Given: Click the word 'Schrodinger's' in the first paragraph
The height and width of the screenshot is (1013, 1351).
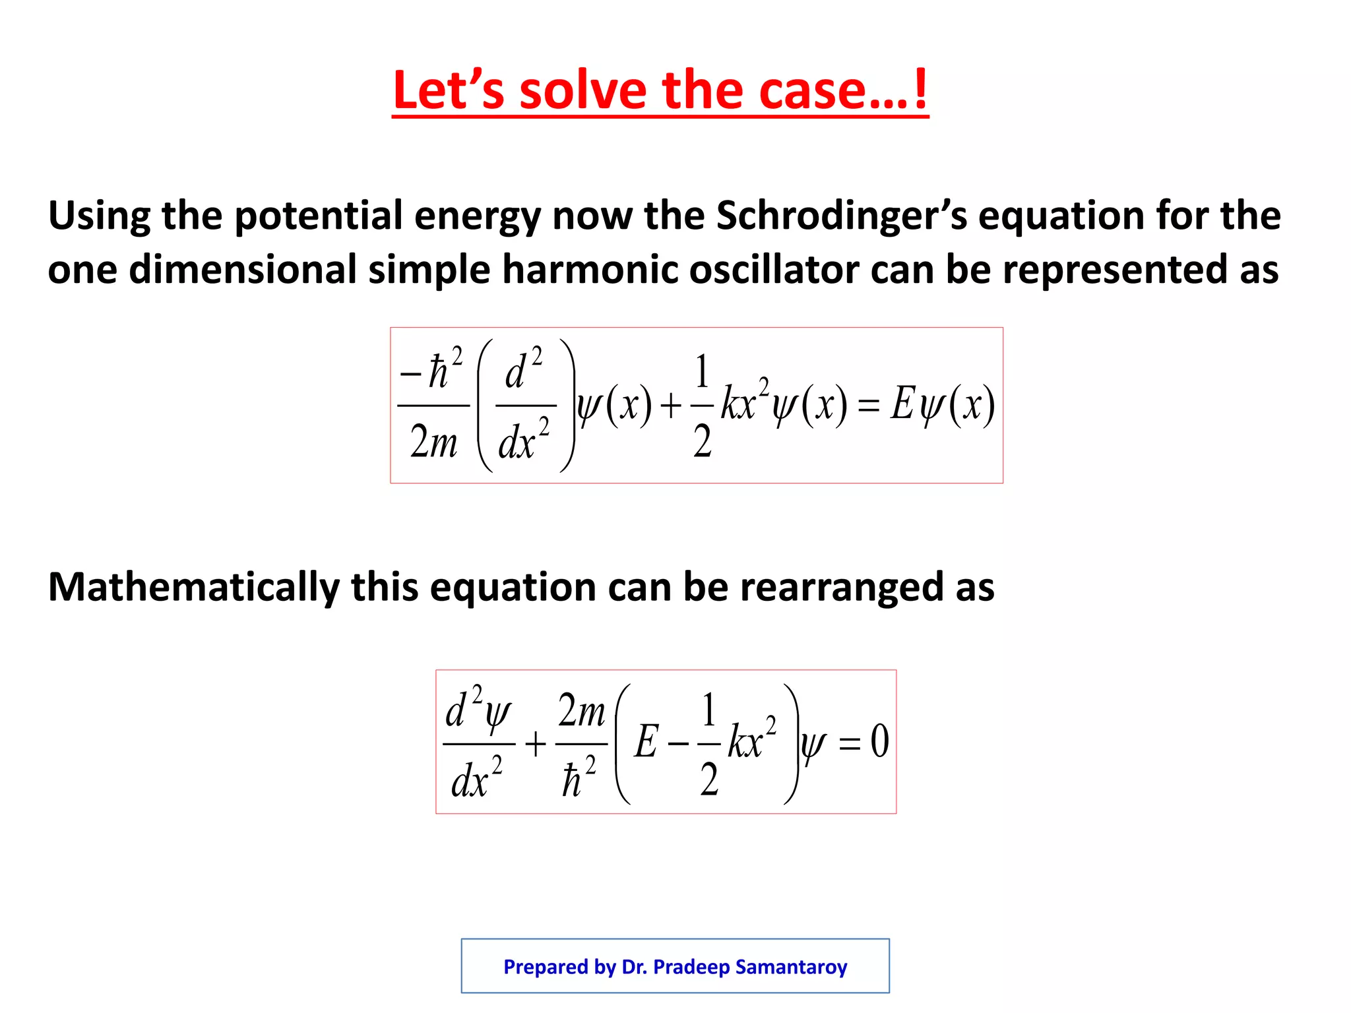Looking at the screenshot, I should [841, 216].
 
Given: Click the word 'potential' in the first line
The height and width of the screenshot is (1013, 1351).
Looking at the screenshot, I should [318, 216].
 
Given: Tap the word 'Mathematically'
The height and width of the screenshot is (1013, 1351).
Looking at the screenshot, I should [193, 587].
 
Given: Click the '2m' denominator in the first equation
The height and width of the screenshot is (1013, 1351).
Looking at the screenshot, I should [433, 442].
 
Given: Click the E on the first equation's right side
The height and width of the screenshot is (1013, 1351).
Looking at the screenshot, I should [901, 404].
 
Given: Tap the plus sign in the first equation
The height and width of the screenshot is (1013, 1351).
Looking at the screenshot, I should [670, 406].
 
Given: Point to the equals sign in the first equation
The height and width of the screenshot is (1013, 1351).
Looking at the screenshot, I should [869, 406].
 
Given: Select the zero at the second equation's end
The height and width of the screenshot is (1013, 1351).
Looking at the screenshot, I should [879, 741].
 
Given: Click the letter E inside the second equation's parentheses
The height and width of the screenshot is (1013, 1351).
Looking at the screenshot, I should [646, 741].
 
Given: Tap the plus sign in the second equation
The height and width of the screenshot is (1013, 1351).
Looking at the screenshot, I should [536, 745].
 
